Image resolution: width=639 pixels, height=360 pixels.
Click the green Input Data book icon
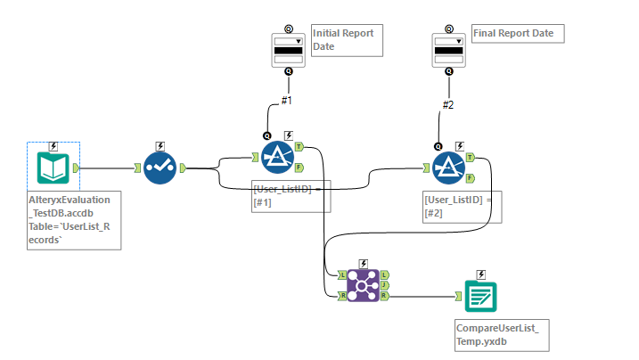click(53, 167)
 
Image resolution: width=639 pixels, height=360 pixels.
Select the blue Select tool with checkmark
click(160, 167)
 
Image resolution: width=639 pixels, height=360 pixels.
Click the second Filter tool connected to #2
click(448, 166)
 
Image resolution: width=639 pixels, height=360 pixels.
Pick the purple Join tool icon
click(362, 284)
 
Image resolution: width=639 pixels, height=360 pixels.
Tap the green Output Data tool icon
click(480, 295)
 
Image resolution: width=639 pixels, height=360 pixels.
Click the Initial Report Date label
click(342, 40)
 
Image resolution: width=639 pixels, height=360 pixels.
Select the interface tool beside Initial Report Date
click(288, 49)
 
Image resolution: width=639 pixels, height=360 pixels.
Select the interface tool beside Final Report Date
click(447, 49)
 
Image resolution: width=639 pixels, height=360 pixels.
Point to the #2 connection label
click(448, 105)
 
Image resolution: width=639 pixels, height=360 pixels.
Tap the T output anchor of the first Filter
click(299, 147)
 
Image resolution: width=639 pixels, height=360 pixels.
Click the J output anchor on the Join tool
click(383, 284)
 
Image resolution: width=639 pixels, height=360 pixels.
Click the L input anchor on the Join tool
click(342, 274)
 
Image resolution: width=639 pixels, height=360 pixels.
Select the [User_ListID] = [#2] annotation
click(463, 207)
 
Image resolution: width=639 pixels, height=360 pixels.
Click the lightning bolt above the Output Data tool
click(480, 274)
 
